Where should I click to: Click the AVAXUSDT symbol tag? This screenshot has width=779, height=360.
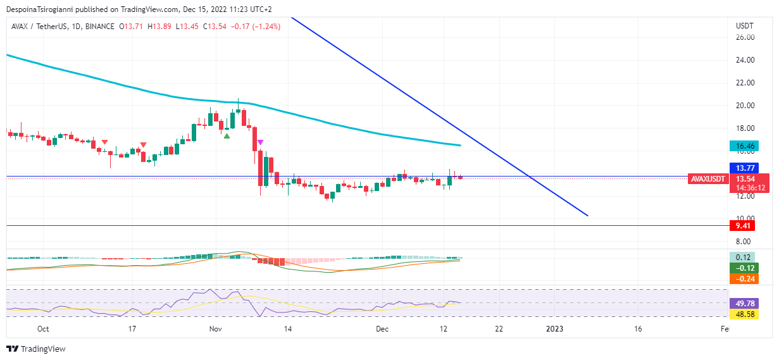click(x=707, y=179)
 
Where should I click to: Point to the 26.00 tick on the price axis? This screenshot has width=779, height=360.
click(x=745, y=37)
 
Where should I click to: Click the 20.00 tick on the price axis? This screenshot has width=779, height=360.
click(x=745, y=106)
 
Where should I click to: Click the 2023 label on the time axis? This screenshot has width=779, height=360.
click(x=554, y=329)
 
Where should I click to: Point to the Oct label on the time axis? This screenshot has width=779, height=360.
click(x=43, y=329)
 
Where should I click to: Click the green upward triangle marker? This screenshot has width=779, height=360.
click(x=227, y=135)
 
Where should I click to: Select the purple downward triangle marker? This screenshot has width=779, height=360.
click(x=260, y=142)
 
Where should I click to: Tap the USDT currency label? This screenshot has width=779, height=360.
click(x=744, y=26)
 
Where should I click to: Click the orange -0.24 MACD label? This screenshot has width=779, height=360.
click(x=743, y=278)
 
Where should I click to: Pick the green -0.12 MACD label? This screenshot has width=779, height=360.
click(x=743, y=268)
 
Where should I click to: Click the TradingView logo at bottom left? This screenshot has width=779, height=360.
click(x=36, y=349)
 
